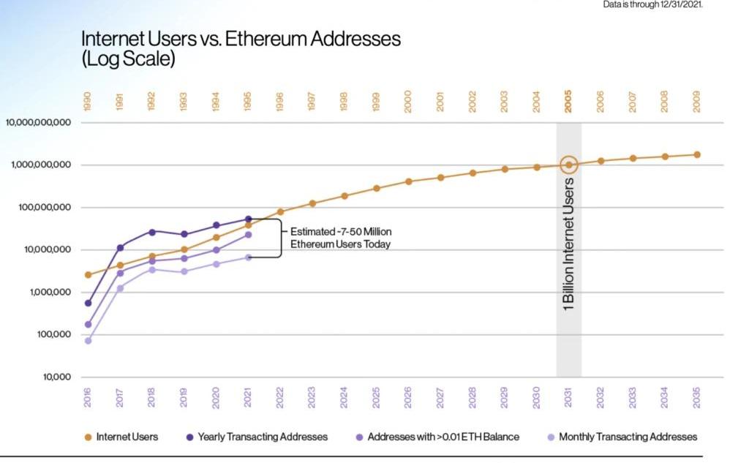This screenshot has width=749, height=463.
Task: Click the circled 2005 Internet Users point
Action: pyautogui.click(x=568, y=165)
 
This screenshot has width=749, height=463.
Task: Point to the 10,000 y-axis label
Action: pyautogui.click(x=55, y=377)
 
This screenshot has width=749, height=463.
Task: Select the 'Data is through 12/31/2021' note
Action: pyautogui.click(x=652, y=5)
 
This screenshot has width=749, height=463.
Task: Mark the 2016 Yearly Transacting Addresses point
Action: pyautogui.click(x=88, y=303)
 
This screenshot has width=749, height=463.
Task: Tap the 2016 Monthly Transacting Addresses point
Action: pyautogui.click(x=88, y=341)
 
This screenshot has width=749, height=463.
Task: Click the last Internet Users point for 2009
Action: pyautogui.click(x=697, y=154)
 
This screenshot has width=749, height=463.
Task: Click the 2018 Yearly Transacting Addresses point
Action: pyautogui.click(x=152, y=232)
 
